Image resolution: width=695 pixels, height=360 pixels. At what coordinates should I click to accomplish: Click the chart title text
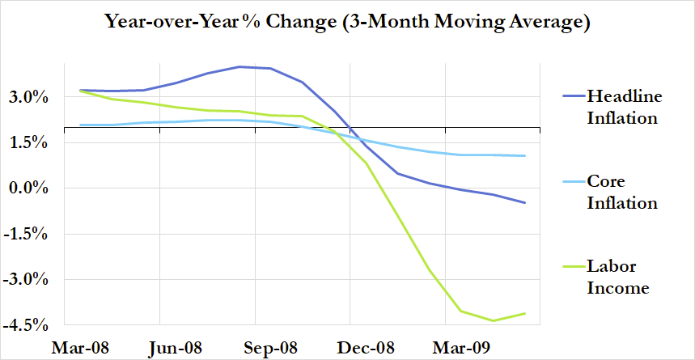[347, 22]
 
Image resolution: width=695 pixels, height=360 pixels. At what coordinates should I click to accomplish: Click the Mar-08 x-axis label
[79, 349]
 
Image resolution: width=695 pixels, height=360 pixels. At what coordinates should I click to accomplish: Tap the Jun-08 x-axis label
[175, 349]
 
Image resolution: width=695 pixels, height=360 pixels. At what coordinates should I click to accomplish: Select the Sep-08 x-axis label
[271, 349]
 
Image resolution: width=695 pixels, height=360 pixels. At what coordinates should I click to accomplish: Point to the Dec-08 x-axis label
[367, 349]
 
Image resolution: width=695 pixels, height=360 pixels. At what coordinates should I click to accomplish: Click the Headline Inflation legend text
[624, 107]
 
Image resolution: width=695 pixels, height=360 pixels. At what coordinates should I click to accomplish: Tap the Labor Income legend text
[618, 277]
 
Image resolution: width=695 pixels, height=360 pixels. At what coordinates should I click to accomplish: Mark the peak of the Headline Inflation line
[239, 66]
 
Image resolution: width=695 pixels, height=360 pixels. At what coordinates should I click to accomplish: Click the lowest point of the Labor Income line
[493, 320]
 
